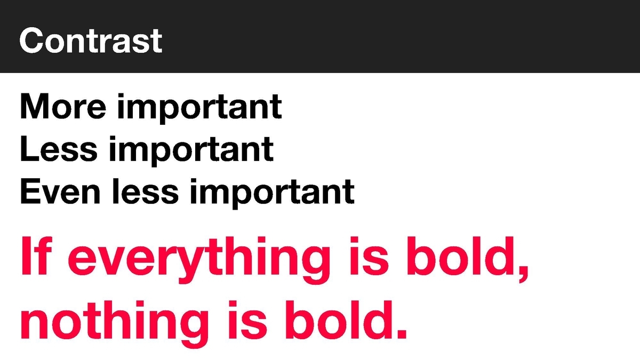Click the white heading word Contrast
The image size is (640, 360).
[91, 41]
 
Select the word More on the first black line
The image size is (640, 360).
[63, 106]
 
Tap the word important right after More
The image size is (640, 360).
[199, 109]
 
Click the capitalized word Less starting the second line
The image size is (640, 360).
[59, 149]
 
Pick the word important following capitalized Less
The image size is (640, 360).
[191, 151]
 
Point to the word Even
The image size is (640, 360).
[60, 191]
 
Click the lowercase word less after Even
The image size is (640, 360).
[146, 191]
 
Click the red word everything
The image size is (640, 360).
[199, 260]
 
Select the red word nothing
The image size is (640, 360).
[114, 324]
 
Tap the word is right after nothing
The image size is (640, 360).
[247, 319]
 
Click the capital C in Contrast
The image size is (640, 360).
[31, 41]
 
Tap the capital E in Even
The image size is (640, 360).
[30, 191]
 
